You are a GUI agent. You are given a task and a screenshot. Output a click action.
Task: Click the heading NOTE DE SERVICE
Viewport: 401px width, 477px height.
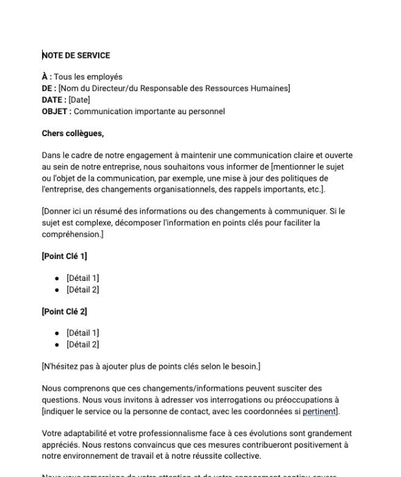coord(76,56)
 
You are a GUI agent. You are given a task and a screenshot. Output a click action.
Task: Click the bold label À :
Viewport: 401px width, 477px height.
coord(46,77)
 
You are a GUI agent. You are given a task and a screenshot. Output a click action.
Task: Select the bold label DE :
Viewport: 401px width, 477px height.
coord(49,89)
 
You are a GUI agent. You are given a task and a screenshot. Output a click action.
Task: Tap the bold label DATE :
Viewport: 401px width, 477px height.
coord(54,100)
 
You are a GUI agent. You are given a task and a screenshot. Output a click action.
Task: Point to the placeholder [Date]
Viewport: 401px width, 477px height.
coord(79,100)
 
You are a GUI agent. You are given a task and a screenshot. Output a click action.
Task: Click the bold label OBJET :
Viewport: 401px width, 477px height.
coord(57,112)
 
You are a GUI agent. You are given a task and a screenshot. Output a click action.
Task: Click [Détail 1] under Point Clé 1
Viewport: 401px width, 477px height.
coord(82,279)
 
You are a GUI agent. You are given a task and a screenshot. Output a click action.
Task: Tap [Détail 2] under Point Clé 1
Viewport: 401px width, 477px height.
coord(82,289)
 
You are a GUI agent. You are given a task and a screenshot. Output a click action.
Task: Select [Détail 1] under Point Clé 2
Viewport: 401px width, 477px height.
coord(82,333)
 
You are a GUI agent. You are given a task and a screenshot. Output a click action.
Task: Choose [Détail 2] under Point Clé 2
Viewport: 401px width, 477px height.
coord(82,344)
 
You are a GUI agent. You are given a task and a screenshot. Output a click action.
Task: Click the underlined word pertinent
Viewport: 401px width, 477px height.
coord(320,411)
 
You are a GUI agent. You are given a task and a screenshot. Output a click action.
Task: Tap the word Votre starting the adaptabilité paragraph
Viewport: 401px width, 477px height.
coord(52,433)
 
